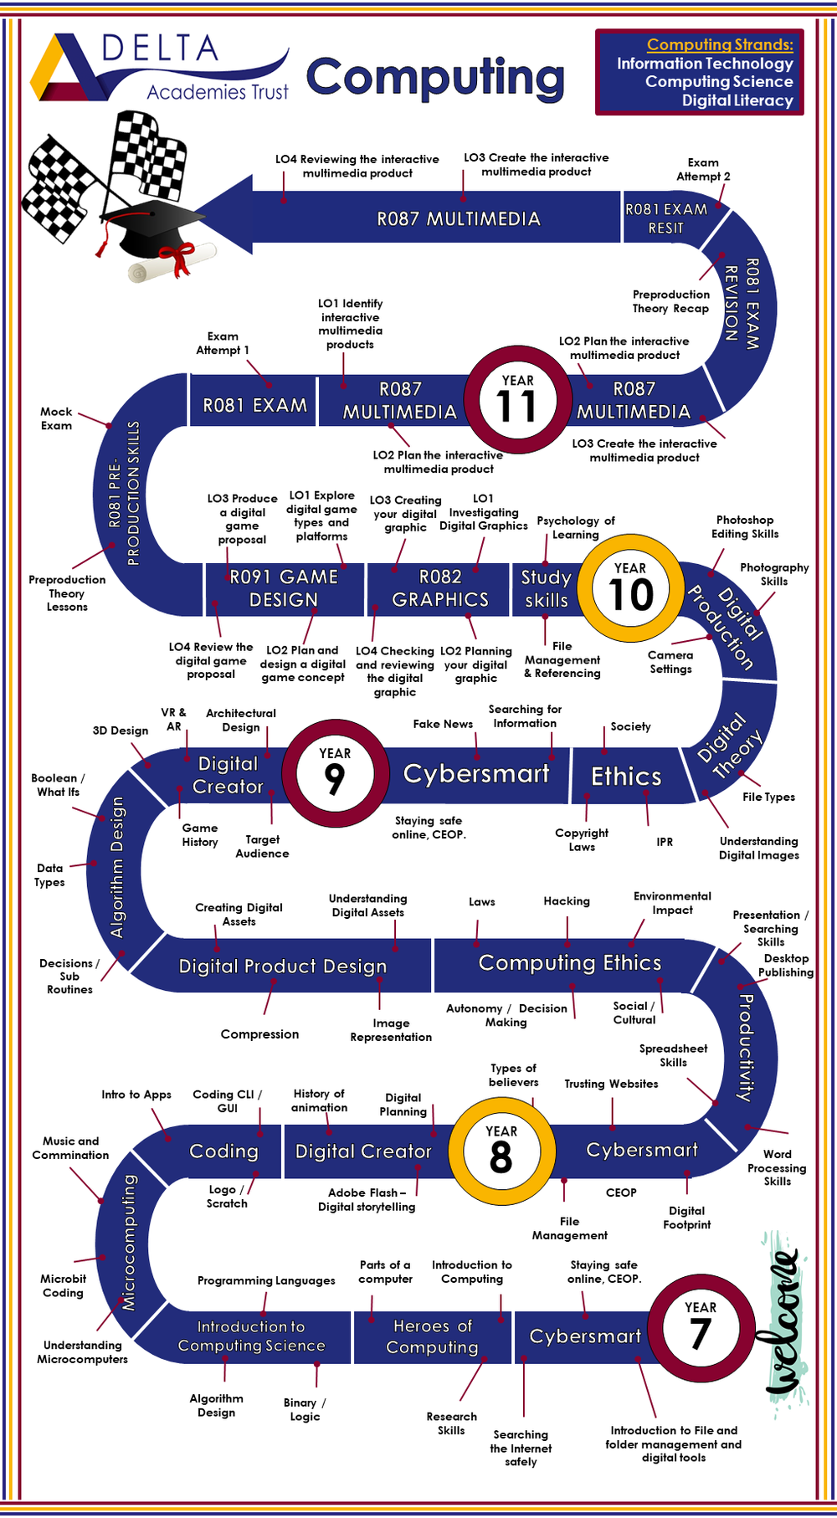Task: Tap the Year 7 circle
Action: pos(700,1326)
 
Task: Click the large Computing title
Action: pos(435,78)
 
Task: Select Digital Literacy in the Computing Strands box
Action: pos(737,100)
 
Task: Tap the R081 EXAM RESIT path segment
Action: pos(665,218)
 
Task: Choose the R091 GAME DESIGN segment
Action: pos(284,588)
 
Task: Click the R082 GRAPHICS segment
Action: pos(440,588)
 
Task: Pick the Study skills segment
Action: pos(546,588)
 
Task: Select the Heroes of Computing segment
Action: pos(432,1336)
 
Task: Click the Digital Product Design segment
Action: pos(283,967)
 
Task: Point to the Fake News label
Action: pos(443,724)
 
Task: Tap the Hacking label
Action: pos(567,901)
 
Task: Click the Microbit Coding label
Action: pos(64,1285)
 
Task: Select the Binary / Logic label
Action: pos(305,1409)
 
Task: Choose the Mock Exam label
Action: pos(56,418)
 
